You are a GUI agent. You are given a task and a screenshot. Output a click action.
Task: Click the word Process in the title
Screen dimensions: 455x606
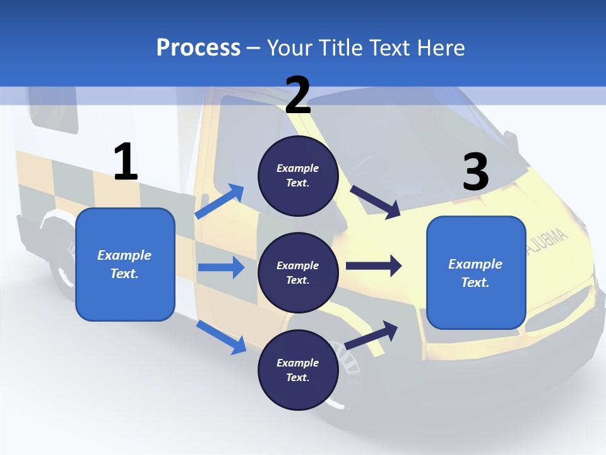pyautogui.click(x=198, y=47)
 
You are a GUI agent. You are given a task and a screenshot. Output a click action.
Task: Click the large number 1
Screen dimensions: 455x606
pyautogui.click(x=126, y=162)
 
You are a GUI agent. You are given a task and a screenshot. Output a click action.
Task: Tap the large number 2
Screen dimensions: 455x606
pyautogui.click(x=298, y=95)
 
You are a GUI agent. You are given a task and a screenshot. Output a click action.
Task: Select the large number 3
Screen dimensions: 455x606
pyautogui.click(x=475, y=172)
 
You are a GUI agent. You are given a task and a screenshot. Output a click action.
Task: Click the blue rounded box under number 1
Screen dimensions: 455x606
pyautogui.click(x=125, y=264)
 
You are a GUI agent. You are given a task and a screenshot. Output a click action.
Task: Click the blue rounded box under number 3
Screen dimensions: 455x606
pyautogui.click(x=476, y=272)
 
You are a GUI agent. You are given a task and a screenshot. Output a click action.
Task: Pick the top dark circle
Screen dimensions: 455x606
pyautogui.click(x=298, y=176)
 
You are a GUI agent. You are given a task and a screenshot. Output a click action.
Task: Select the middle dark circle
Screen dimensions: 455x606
pyautogui.click(x=298, y=272)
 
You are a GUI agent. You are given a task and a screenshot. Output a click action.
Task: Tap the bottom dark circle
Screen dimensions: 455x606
pyautogui.click(x=298, y=370)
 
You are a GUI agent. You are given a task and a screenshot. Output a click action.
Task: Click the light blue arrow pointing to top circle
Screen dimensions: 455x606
pyautogui.click(x=220, y=202)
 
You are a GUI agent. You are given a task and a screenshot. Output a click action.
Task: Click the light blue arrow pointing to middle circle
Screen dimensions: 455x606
pyautogui.click(x=221, y=267)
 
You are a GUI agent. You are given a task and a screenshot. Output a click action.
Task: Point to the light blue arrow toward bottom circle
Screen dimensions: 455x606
pyautogui.click(x=221, y=337)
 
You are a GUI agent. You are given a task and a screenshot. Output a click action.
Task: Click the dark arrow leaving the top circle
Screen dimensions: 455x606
pyautogui.click(x=375, y=202)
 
